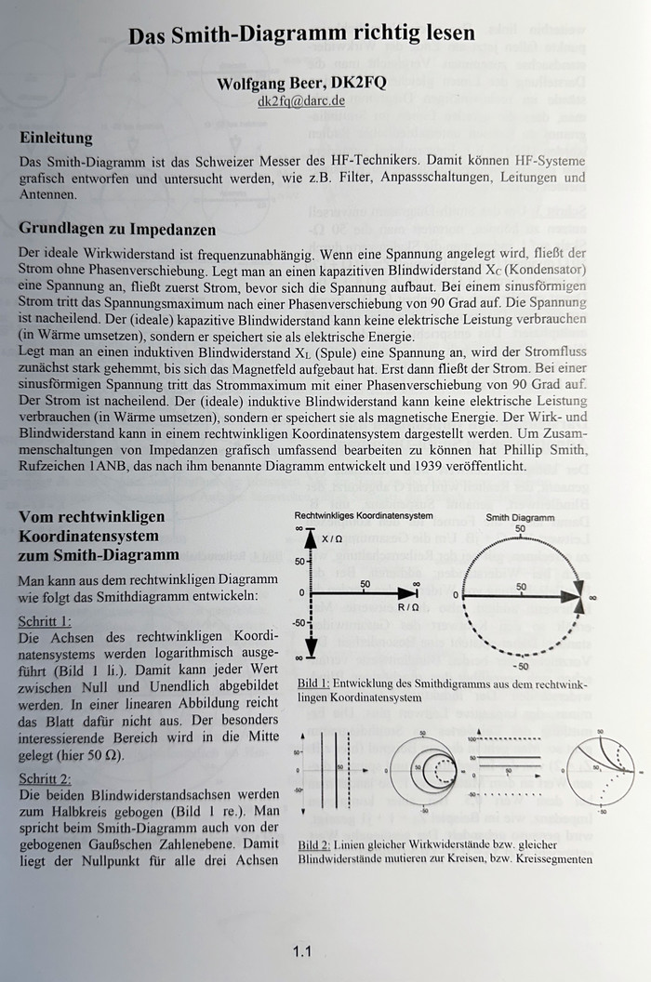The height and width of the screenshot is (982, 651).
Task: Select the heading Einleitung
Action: click(x=57, y=139)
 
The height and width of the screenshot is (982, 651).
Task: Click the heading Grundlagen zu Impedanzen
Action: click(x=117, y=229)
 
